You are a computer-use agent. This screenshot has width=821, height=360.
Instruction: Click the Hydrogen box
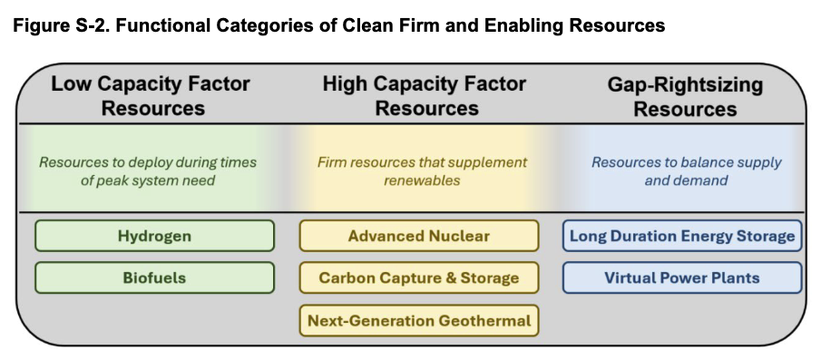click(154, 236)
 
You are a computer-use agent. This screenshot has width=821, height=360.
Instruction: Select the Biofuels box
click(154, 277)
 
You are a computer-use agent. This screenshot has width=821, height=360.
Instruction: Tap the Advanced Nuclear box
click(418, 236)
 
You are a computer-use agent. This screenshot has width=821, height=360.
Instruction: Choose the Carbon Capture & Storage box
click(418, 277)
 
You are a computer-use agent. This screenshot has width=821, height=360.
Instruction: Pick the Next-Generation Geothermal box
click(418, 320)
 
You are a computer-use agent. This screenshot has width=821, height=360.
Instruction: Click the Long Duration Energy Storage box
click(682, 236)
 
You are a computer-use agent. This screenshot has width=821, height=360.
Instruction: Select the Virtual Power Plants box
click(682, 277)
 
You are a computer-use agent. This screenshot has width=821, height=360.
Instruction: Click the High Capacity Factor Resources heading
click(425, 96)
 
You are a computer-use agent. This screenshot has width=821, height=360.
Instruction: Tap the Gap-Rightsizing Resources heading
click(685, 97)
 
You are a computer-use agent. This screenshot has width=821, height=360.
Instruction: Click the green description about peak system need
click(148, 171)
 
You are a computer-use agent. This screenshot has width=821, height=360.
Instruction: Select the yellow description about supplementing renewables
click(422, 171)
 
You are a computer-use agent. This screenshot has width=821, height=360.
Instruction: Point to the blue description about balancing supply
click(687, 171)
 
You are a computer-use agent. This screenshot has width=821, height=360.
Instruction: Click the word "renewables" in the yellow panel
click(422, 180)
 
